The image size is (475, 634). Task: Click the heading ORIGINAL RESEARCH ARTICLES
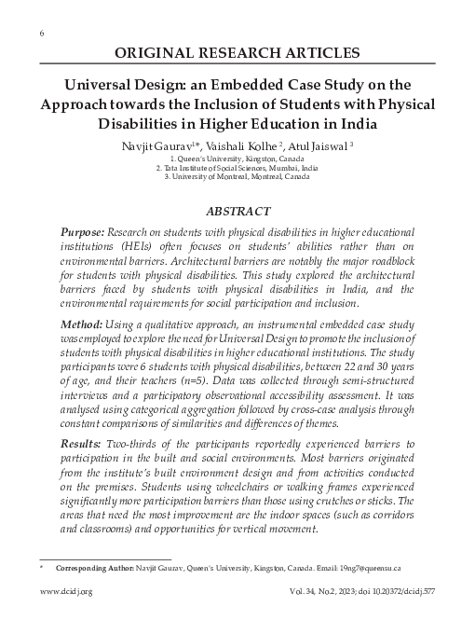(x=237, y=52)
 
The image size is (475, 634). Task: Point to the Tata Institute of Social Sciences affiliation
(x=237, y=168)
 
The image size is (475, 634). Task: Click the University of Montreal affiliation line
(x=237, y=176)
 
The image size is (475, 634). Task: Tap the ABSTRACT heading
(x=237, y=212)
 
